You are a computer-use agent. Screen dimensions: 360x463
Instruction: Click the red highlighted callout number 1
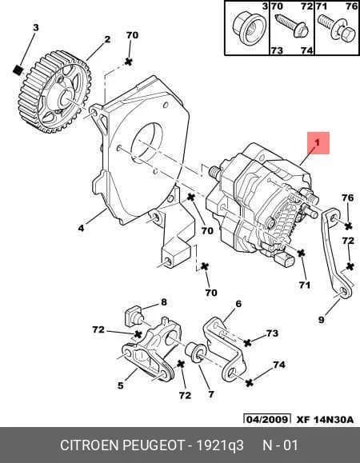[x=317, y=143]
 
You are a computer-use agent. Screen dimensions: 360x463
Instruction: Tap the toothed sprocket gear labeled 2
[x=55, y=92]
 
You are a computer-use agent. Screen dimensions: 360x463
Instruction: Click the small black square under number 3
[x=18, y=70]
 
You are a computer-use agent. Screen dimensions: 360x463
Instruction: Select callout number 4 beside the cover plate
[x=81, y=228]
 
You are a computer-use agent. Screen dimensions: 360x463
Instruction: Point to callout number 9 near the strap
[x=322, y=319]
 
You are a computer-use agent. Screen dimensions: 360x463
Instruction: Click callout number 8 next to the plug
[x=164, y=301]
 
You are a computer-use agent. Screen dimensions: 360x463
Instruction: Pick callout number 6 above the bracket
[x=238, y=304]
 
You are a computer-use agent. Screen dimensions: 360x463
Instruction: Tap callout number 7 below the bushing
[x=211, y=394]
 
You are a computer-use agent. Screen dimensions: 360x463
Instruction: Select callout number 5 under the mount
[x=121, y=385]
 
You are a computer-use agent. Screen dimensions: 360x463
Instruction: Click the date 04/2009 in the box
[x=267, y=419]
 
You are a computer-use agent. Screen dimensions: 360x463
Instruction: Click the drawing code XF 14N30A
[x=325, y=420]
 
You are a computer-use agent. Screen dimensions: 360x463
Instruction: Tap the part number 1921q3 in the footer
[x=220, y=445]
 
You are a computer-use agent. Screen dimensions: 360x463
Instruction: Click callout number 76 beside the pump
[x=347, y=198]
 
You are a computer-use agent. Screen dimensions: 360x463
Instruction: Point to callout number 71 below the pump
[x=305, y=285]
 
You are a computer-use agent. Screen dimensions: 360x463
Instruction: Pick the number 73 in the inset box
[x=277, y=50]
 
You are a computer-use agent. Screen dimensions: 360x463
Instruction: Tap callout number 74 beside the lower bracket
[x=279, y=365]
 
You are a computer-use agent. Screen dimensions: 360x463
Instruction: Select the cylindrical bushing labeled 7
[x=196, y=353]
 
